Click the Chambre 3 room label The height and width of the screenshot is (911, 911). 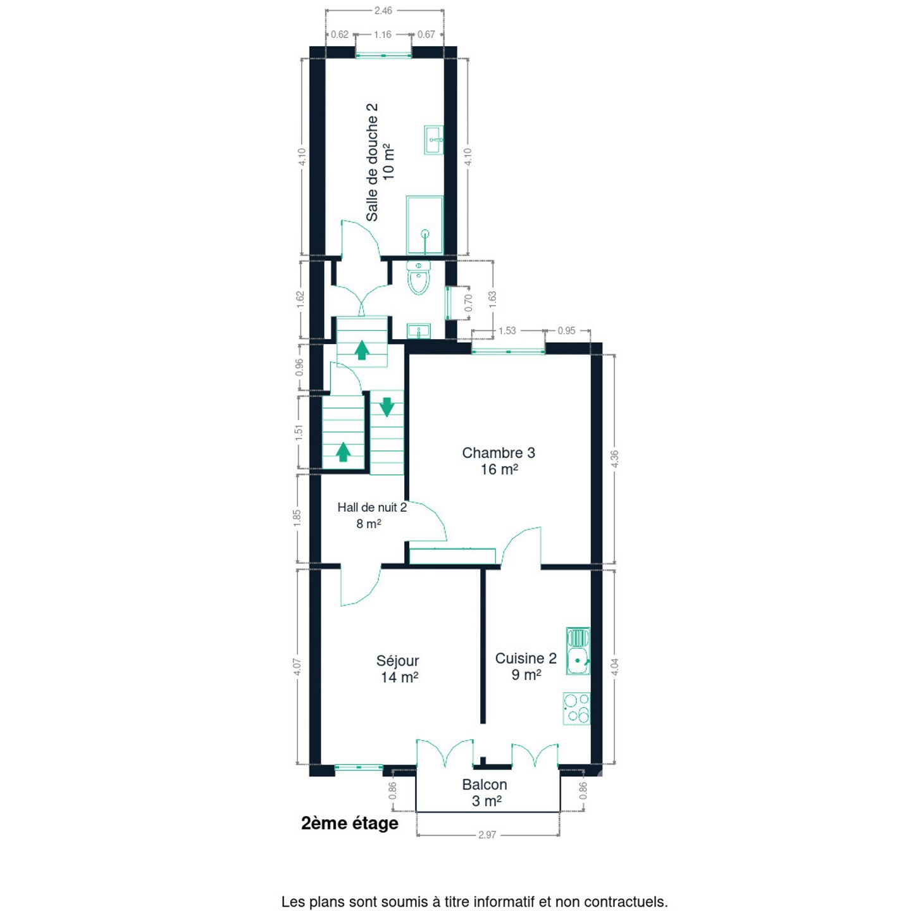pos(499,461)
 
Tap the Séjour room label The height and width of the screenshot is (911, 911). pos(398,669)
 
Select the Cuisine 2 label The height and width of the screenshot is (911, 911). pos(526,666)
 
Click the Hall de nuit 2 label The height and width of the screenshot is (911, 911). pos(371,516)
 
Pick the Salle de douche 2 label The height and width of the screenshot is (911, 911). pos(380,162)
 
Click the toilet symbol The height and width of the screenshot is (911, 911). pos(418,278)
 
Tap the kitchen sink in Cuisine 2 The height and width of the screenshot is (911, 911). pos(578,651)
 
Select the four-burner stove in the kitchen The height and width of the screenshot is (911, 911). pos(576,708)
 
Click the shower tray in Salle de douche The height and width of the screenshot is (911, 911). pos(425,225)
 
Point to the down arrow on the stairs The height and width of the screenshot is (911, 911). pos(387,407)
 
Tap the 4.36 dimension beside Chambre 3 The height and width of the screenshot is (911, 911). pos(614,459)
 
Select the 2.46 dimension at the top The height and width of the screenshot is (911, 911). pos(383,10)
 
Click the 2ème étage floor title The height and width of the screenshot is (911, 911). pos(350,823)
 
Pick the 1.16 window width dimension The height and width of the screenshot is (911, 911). pos(383,35)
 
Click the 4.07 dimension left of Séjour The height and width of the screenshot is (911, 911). pos(297,667)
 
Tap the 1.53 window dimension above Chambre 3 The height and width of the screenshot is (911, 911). pos(507,330)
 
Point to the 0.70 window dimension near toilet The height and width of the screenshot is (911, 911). pos(469,302)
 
